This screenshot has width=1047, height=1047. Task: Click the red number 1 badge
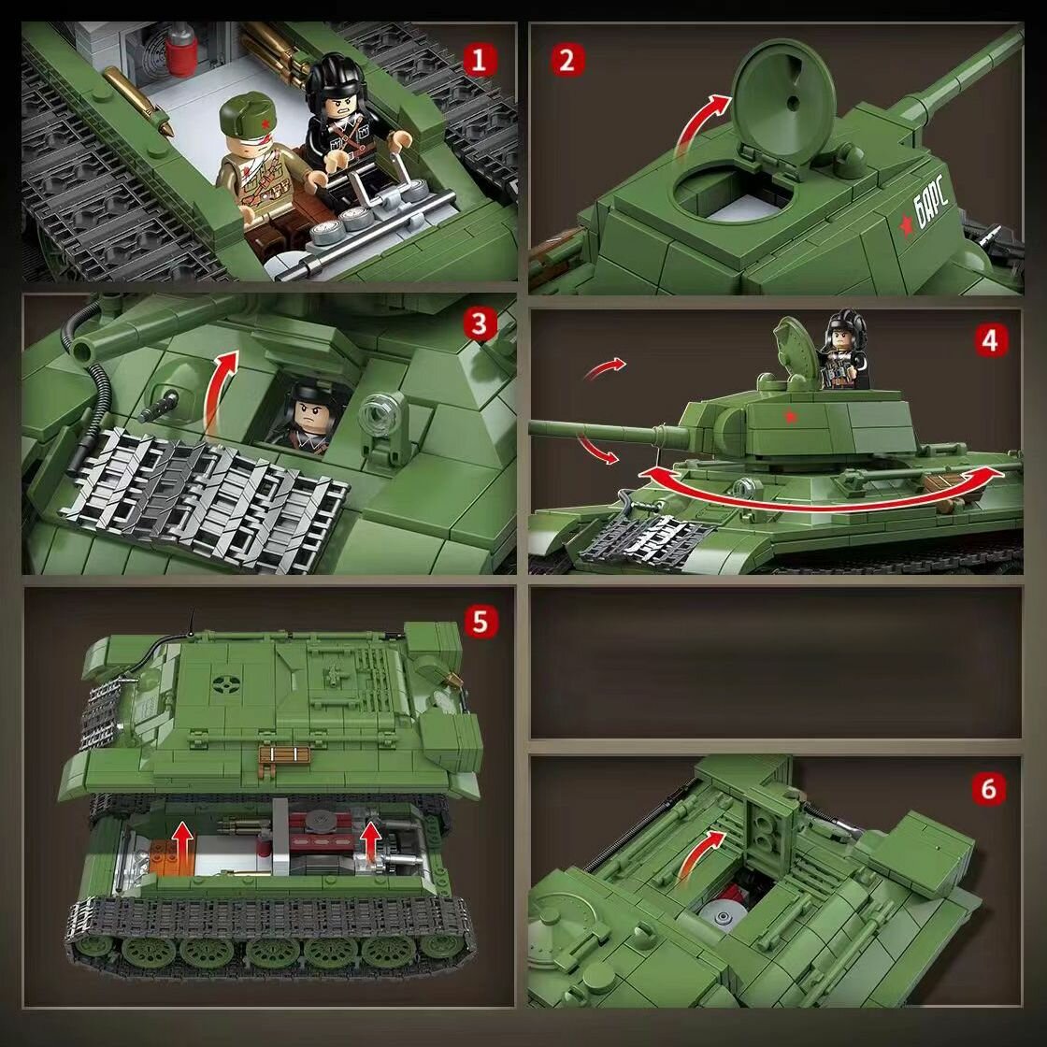tap(479, 60)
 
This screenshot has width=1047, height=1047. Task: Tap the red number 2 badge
tap(567, 60)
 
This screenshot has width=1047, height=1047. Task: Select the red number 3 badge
tap(480, 324)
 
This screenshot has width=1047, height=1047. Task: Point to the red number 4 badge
tap(990, 340)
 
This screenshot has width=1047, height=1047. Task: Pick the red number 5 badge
tap(480, 622)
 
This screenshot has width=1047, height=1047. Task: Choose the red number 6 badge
tap(989, 789)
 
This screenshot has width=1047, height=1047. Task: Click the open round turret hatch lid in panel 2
tap(783, 100)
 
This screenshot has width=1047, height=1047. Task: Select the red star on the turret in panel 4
tap(791, 417)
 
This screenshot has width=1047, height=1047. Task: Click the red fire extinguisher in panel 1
tap(181, 47)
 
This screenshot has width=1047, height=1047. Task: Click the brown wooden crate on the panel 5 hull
tap(284, 756)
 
